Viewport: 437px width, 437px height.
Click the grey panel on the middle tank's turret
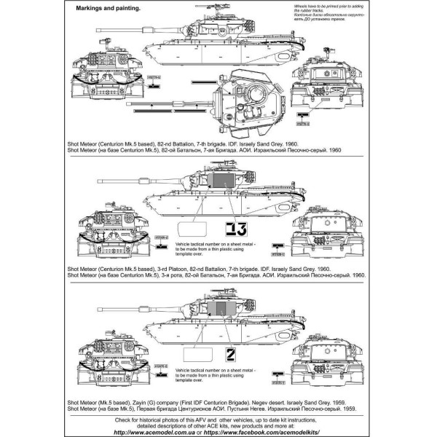[219, 186]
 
